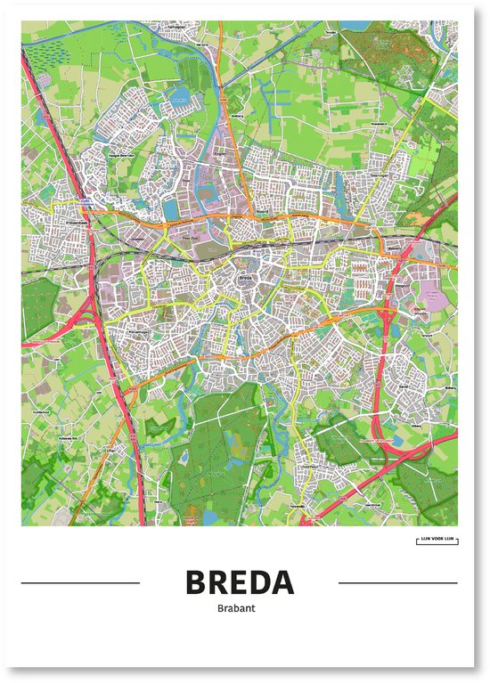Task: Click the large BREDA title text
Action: coord(240,582)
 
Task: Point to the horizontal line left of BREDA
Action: coord(79,583)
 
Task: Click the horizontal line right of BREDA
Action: coord(398,583)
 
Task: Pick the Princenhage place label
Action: coord(138,331)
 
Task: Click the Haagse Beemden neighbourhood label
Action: coord(117,155)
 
